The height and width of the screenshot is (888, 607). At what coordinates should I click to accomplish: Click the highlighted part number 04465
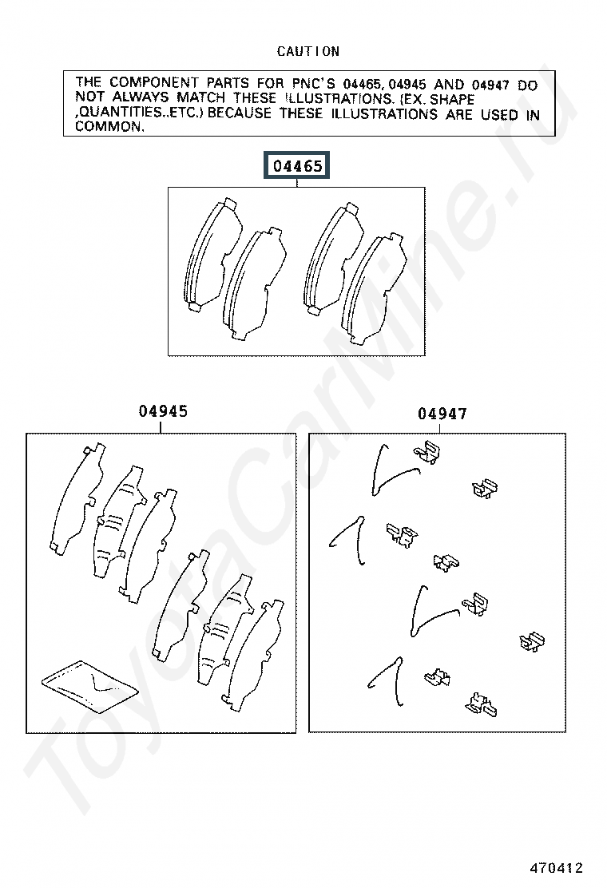tap(296, 166)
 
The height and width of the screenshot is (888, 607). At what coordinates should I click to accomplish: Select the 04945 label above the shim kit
tap(163, 411)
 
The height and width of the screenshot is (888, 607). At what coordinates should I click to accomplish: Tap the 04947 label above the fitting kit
tap(442, 414)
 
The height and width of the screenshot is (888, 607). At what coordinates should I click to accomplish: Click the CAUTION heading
tap(308, 52)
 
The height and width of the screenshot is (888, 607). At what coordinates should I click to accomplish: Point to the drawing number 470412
tap(556, 867)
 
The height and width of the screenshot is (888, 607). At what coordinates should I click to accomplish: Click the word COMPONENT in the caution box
tap(153, 83)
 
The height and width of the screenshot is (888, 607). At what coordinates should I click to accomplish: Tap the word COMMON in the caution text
tap(110, 127)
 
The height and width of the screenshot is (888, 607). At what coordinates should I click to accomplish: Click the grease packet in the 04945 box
tap(90, 686)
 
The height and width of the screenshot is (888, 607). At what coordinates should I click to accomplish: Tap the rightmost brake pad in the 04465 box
tap(374, 289)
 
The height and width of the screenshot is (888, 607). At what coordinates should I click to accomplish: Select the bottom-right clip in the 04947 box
tap(481, 705)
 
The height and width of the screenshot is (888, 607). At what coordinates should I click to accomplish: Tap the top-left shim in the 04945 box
tap(77, 499)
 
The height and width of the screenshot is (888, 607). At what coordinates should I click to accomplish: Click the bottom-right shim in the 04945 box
tap(252, 656)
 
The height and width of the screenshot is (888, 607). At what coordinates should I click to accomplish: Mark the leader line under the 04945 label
tap(161, 427)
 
